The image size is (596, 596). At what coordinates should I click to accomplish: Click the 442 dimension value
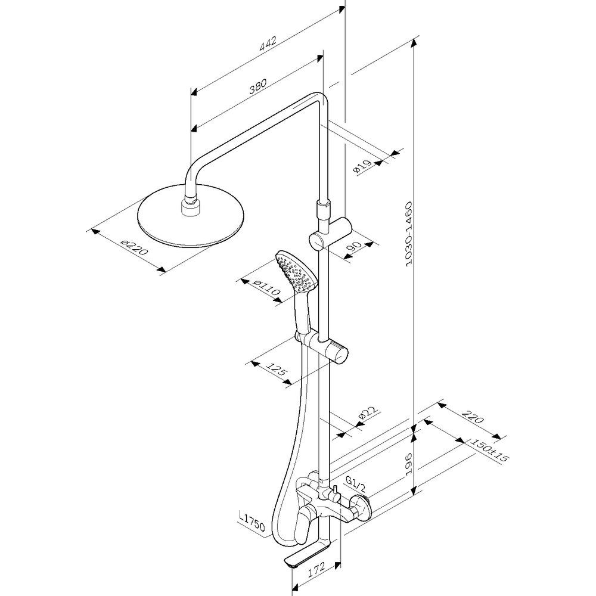point(268,44)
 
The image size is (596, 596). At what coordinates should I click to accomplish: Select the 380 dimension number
point(258,86)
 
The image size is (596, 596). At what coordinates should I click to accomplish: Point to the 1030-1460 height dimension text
point(409,234)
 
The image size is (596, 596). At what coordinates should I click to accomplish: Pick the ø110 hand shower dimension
point(267,288)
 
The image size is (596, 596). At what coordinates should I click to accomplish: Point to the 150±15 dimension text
point(489,450)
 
